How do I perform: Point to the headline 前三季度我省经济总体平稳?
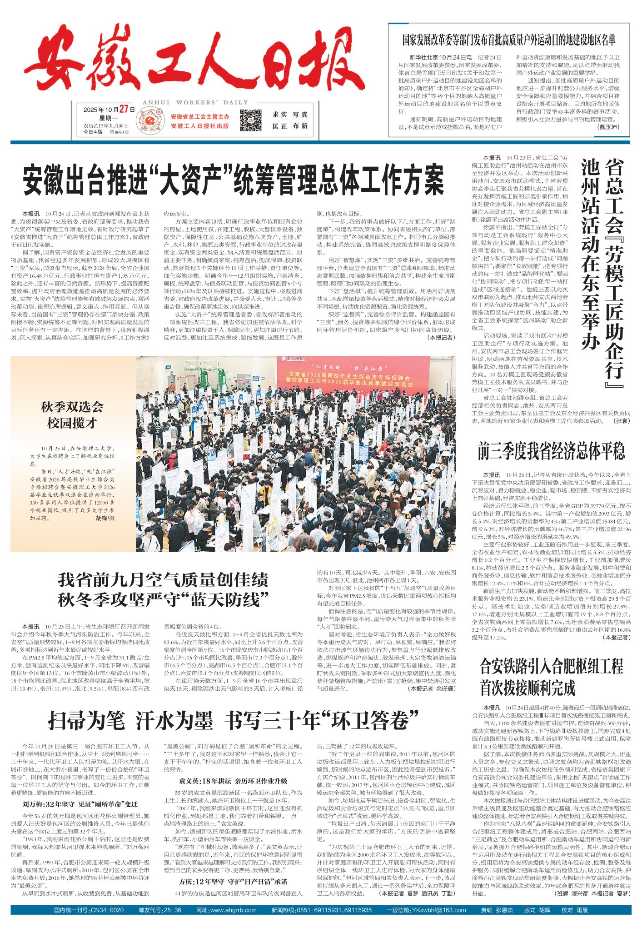551,451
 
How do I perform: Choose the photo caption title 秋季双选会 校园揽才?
72,414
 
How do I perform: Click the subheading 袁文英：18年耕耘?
233,780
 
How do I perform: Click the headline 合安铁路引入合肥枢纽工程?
551,667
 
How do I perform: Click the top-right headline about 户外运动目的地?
508,40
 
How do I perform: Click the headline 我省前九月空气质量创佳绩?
163,580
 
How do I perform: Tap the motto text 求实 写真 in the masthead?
290,115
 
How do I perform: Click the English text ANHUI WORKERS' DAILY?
195,102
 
